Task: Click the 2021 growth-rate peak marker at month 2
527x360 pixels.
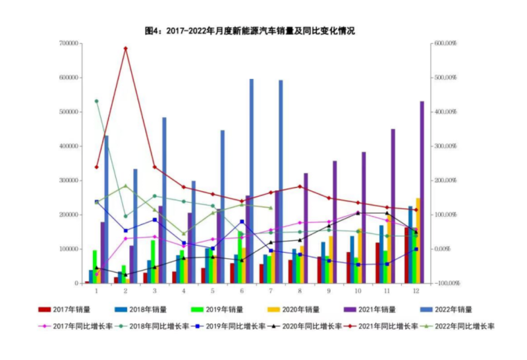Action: pos(126,48)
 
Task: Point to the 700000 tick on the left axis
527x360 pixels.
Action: pos(69,43)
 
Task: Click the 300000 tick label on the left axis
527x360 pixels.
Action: pos(69,180)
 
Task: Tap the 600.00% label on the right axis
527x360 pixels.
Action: pos(443,43)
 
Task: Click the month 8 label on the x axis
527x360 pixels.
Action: pos(300,290)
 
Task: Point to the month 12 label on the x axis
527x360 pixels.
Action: pos(416,290)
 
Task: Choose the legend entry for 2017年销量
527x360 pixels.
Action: pos(66,309)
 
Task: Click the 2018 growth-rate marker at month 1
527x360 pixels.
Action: pos(97,101)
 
